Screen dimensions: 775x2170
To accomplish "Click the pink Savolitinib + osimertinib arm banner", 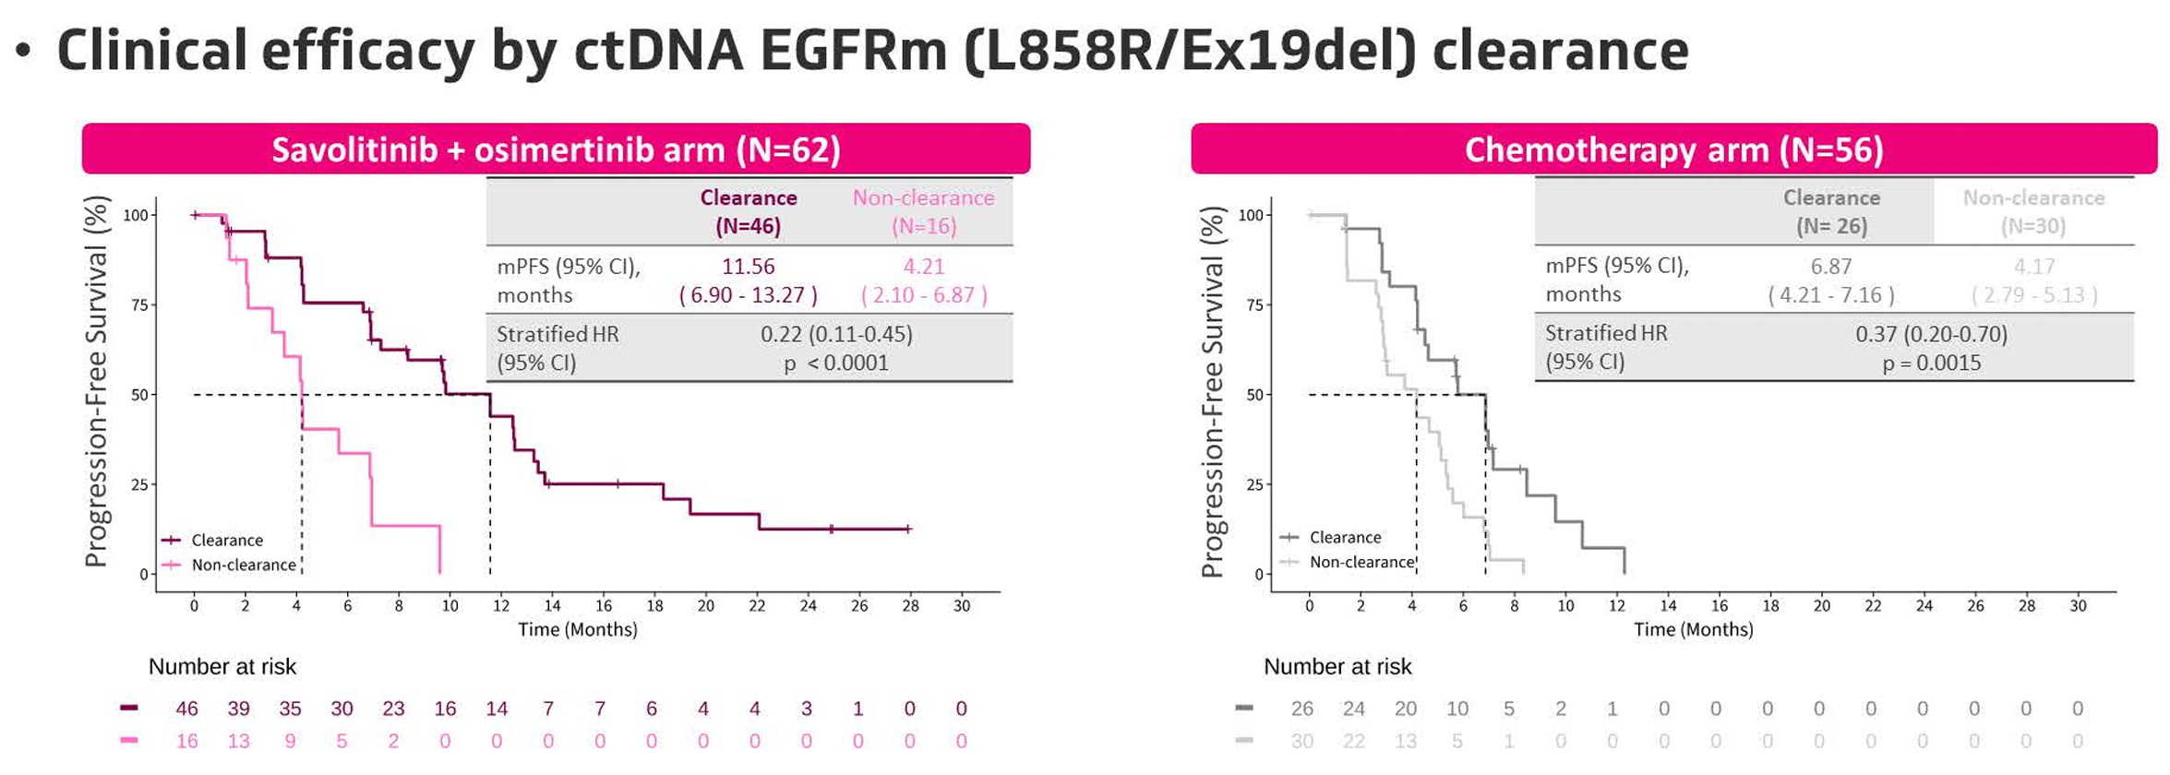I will point(556,149).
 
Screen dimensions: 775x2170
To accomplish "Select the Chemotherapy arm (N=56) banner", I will point(1673,149).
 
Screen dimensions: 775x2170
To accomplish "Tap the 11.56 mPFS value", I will point(748,267).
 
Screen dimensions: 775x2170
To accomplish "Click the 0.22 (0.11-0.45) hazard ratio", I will point(836,334).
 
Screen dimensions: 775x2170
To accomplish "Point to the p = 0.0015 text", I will point(1931,363).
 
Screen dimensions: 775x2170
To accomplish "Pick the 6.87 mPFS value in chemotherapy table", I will point(1831,267).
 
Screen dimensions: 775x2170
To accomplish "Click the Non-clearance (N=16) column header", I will point(923,211).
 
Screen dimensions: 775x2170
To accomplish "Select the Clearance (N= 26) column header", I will point(1831,211).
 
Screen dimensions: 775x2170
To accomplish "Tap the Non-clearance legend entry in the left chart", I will point(243,565).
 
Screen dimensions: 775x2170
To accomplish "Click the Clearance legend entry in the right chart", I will point(1345,537).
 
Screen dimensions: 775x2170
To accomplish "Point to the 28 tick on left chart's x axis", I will point(910,606).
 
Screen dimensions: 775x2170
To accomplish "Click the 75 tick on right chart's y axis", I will point(1253,305).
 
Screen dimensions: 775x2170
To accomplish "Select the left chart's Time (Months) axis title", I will point(578,629).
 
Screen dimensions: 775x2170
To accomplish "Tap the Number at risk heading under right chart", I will point(1337,666).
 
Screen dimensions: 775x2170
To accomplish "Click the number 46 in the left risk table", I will point(186,709).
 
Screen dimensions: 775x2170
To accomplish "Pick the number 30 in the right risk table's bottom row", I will point(1301,741).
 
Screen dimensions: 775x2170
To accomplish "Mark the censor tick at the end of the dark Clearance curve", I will point(908,529).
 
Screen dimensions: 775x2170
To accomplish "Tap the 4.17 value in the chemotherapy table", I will point(2034,267).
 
